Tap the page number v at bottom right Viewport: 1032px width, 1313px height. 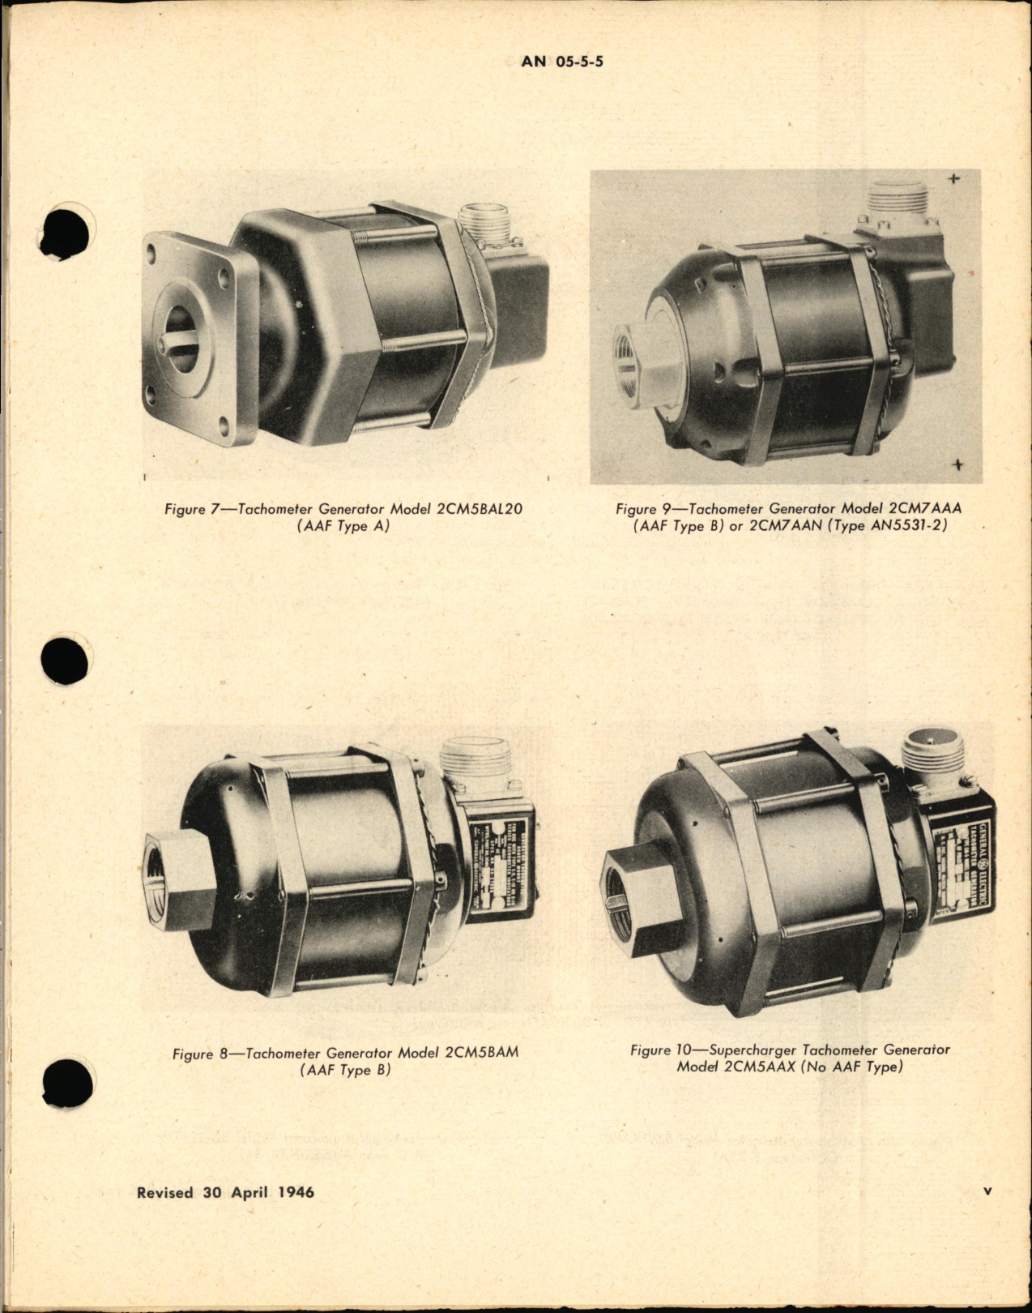(987, 1191)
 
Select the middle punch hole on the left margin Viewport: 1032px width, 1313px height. (66, 656)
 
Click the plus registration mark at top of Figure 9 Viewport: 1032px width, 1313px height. (955, 178)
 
